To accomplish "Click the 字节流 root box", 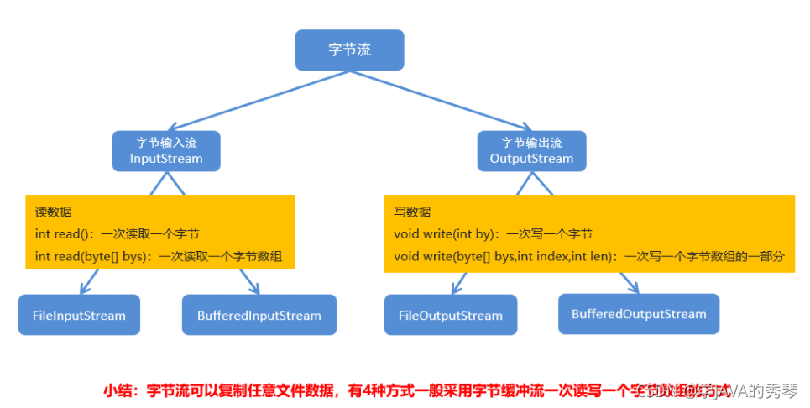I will pyautogui.click(x=349, y=50).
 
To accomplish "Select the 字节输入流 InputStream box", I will pyautogui.click(x=166, y=151).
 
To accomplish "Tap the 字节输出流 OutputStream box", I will pyautogui.click(x=531, y=151).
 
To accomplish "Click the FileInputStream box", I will pyautogui.click(x=79, y=316).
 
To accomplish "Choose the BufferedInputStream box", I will pyautogui.click(x=259, y=316).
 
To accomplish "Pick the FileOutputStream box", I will pyautogui.click(x=450, y=316).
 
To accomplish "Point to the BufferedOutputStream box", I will pyautogui.click(x=638, y=314).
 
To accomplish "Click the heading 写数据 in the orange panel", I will pyautogui.click(x=412, y=212).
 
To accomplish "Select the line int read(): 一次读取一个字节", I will pyautogui.click(x=118, y=233).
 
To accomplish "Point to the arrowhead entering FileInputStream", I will pyautogui.click(x=82, y=288).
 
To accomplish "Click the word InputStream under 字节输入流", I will pyautogui.click(x=166, y=159).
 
